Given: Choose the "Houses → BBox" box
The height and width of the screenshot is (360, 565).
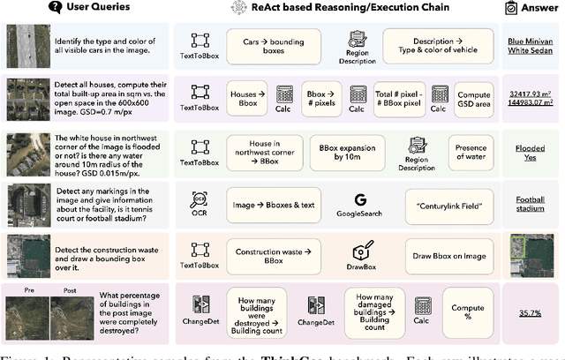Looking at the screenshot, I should (250, 95).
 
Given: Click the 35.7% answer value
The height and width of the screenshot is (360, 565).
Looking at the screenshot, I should (530, 312).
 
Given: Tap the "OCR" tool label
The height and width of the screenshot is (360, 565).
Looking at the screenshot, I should (200, 214).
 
